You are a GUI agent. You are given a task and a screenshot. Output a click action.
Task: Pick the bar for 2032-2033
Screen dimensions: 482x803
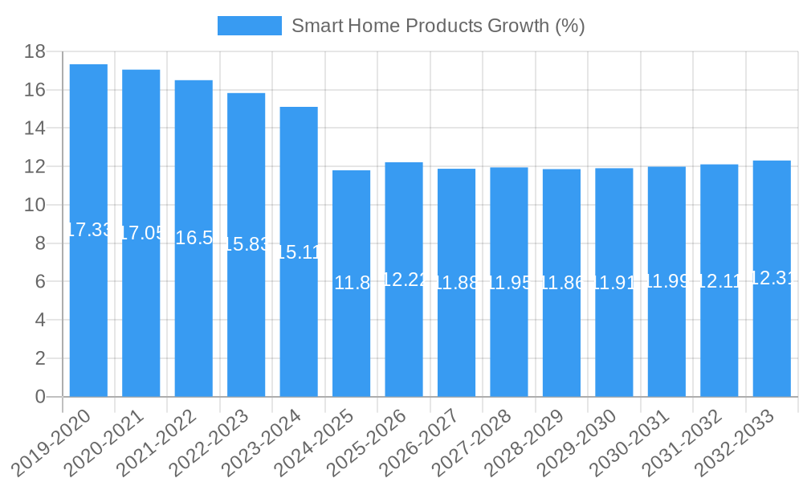[772, 337]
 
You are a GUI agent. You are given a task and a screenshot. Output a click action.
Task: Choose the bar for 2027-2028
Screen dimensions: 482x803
[509, 337]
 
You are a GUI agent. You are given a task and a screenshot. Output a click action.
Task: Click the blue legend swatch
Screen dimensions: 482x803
[249, 26]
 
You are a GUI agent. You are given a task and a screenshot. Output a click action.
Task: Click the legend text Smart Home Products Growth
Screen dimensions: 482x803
[438, 26]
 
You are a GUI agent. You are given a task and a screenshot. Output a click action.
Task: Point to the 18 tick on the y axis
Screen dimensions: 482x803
[35, 52]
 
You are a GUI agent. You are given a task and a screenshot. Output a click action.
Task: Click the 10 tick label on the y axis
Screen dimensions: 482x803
[35, 206]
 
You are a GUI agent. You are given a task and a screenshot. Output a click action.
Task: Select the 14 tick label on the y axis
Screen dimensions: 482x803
[35, 129]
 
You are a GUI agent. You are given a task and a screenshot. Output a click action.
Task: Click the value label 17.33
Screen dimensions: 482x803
[88, 230]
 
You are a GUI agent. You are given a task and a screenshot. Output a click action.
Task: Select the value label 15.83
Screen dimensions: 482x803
[247, 244]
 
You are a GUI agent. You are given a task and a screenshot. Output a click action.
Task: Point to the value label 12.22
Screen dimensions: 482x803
[404, 280]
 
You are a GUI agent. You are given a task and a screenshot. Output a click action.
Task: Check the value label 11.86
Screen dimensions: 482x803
[561, 283]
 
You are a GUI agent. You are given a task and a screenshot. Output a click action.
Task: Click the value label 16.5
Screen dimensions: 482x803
[194, 238]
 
